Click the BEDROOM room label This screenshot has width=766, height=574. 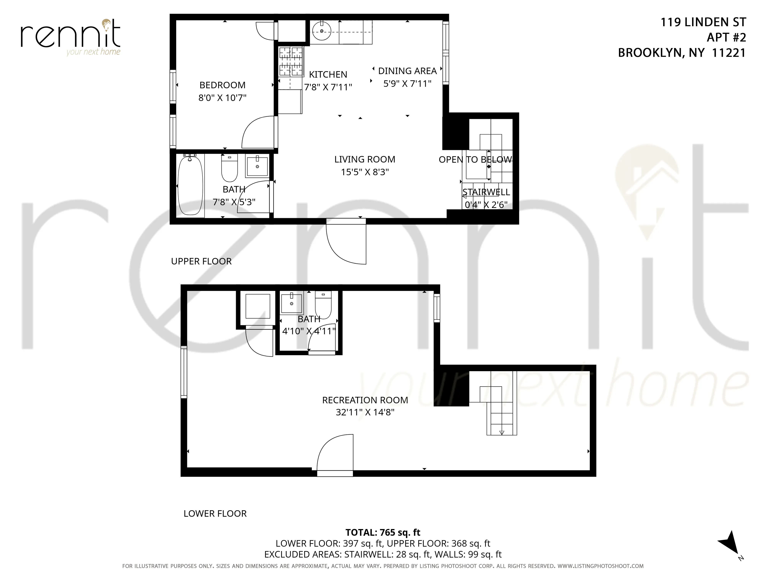pos(222,85)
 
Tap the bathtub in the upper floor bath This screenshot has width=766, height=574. pos(190,186)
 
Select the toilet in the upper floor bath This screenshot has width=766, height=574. pos(229,169)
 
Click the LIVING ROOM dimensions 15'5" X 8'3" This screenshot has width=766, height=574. pos(365,172)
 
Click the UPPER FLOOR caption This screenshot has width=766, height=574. pos(201,261)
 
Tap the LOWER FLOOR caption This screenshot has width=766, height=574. pos(215,514)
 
